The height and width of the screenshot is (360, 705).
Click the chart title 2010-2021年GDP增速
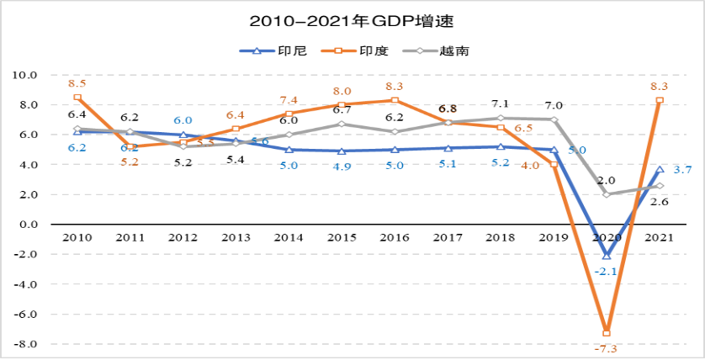(352, 19)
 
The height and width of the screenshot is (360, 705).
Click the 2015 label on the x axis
(341, 238)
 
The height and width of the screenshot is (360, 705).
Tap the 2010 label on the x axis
(77, 238)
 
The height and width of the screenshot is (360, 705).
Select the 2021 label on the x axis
(660, 238)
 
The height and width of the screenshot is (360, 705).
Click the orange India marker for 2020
(607, 333)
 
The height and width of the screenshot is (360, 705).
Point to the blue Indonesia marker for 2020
(607, 256)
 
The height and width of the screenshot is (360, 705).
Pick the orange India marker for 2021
(660, 100)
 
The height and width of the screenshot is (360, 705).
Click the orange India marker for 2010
(77, 98)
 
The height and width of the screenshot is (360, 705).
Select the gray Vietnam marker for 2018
(501, 119)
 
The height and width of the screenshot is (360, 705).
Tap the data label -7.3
(607, 348)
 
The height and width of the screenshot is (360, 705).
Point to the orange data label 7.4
(289, 101)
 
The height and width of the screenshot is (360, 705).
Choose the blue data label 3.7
(683, 170)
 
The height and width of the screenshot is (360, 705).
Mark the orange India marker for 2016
(395, 100)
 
